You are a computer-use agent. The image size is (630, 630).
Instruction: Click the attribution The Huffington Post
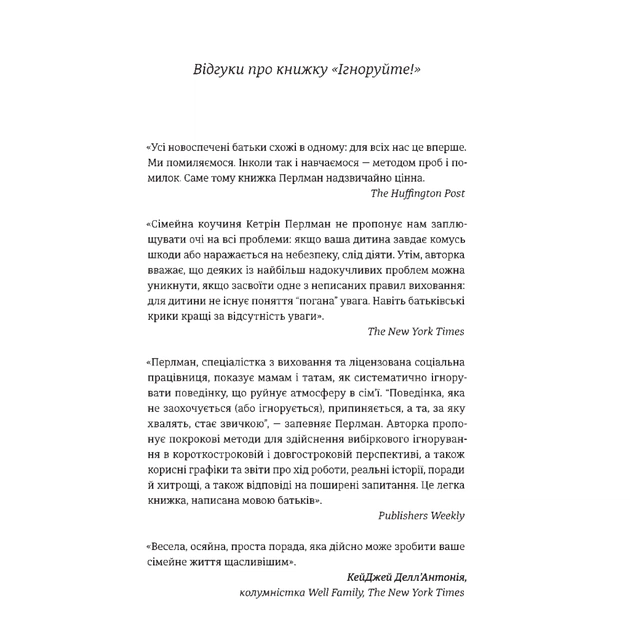click(x=417, y=192)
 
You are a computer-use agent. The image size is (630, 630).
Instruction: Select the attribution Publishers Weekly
click(x=421, y=515)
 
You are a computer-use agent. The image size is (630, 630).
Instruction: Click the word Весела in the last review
click(x=173, y=549)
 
